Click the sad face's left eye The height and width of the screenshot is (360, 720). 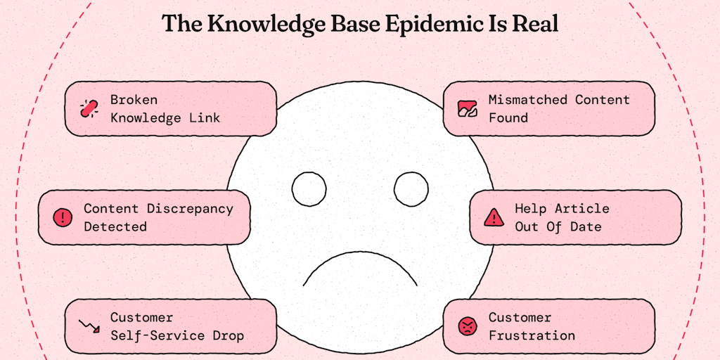pos(309,189)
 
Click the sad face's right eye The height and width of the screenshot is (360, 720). pos(411,189)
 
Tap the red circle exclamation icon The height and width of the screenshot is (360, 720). pos(63,218)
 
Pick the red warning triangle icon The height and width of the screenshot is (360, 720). pos(494,218)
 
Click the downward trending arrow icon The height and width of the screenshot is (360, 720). pos(89,326)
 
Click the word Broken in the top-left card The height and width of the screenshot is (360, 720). pos(134,100)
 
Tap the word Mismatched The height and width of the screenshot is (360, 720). pos(528,100)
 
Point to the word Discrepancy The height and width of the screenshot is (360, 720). pos(190,209)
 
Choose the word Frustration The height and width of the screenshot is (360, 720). pos(532,335)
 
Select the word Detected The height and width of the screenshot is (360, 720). pos(115,226)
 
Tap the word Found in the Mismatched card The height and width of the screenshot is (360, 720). pos(508,117)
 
